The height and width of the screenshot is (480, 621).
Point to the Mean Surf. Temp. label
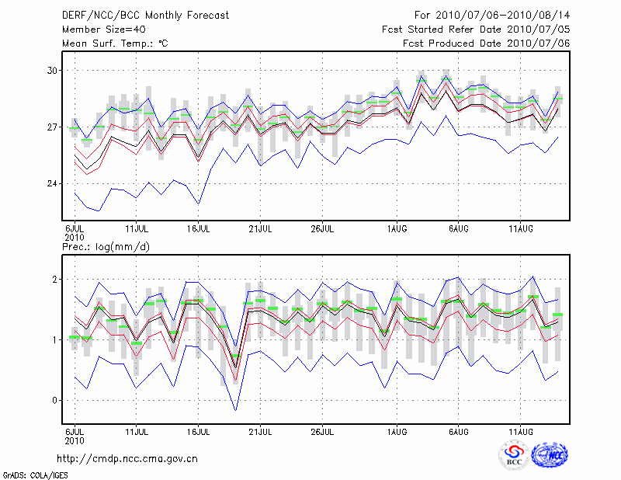(115, 43)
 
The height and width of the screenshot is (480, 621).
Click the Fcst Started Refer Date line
(476, 29)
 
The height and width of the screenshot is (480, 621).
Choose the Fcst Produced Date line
(486, 43)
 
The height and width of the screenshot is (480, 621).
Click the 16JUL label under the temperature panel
(199, 229)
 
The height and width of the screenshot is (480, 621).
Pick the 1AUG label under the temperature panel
(397, 229)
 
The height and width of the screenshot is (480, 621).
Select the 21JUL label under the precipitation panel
(261, 430)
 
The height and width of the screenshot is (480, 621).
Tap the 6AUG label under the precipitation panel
(459, 430)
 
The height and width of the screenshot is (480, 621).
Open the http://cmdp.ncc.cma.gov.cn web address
(128, 458)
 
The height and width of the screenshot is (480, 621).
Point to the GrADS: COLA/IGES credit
(31, 475)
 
